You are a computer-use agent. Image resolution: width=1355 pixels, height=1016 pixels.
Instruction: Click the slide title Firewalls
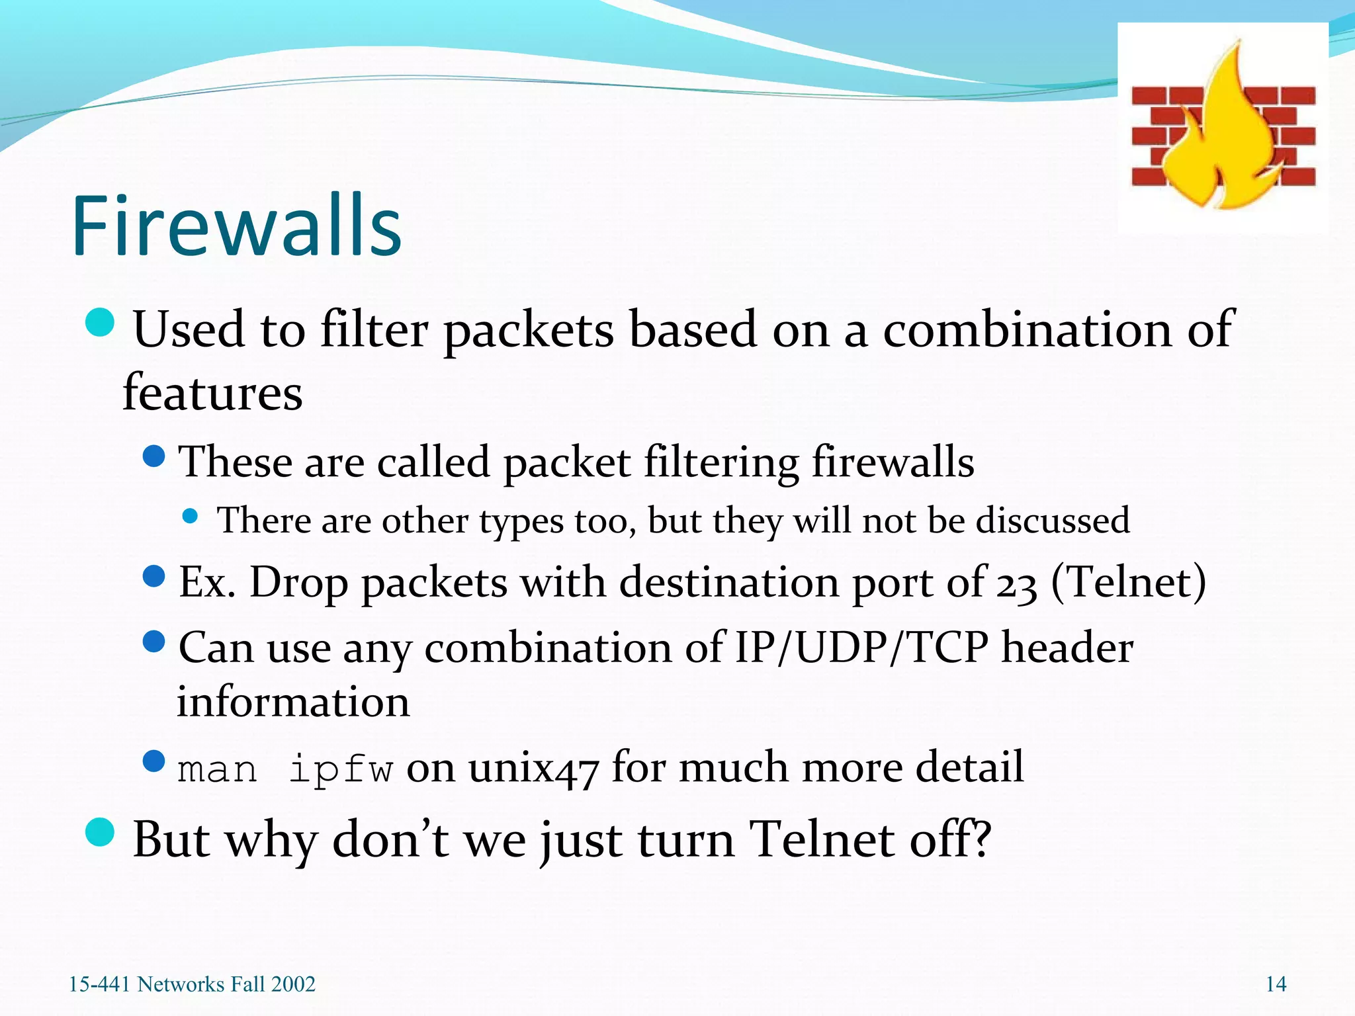(236, 226)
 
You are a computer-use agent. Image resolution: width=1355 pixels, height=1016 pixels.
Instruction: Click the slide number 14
(1276, 984)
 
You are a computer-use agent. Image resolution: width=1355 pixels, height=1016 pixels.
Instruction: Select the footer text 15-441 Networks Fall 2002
(192, 984)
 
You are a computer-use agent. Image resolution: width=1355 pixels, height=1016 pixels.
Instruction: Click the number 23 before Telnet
(1016, 585)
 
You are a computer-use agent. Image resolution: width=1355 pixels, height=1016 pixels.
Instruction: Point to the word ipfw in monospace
(341, 769)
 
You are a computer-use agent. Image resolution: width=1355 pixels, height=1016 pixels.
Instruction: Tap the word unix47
(533, 769)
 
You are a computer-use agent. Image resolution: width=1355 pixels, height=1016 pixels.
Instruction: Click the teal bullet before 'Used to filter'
(101, 322)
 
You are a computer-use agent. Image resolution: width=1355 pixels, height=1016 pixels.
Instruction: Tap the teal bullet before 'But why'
(101, 832)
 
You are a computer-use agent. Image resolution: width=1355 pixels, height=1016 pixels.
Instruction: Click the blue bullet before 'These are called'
(154, 456)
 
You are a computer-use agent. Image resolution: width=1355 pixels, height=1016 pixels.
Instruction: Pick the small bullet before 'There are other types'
(191, 516)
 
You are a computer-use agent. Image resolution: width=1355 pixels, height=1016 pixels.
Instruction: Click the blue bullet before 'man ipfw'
(154, 761)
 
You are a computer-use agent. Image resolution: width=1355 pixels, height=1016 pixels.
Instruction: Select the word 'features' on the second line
(213, 393)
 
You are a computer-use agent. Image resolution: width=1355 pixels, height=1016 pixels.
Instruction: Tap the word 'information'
(293, 702)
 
